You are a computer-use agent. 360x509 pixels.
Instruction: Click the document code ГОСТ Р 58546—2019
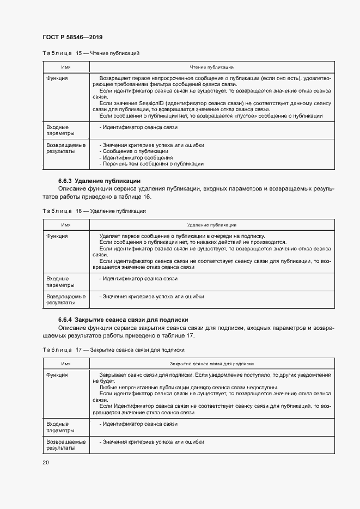coord(72,37)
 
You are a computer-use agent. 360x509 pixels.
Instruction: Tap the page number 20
coord(46,462)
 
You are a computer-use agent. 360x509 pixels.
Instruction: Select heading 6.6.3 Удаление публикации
coord(100,181)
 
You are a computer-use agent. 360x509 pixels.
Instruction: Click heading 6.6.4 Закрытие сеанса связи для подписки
coord(123,320)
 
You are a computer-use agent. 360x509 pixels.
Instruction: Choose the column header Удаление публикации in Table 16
coord(211,224)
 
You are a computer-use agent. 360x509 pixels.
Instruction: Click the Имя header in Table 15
coord(66,67)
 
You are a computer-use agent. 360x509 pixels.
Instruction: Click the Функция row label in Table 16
coord(57,236)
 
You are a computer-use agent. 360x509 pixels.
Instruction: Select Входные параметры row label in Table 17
coord(57,427)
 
